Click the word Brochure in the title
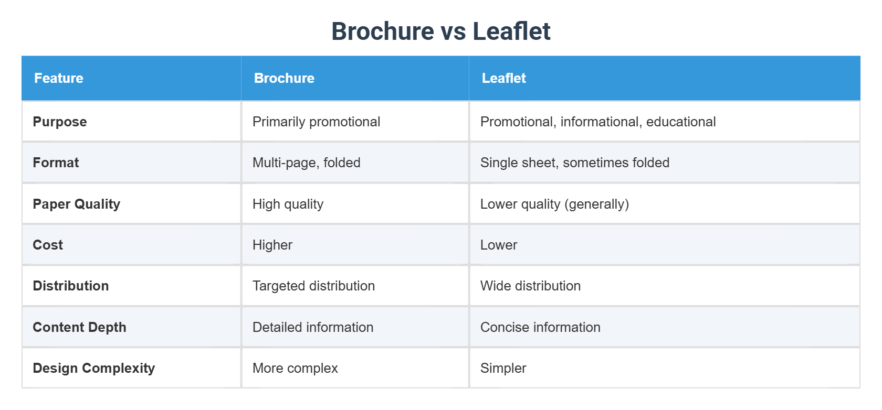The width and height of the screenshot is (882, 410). tap(383, 31)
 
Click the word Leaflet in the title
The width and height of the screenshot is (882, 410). tap(511, 31)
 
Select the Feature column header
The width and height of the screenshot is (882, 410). tap(59, 78)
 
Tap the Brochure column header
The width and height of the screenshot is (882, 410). tap(284, 78)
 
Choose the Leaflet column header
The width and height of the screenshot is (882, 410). tap(503, 78)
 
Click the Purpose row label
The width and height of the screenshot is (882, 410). tap(60, 122)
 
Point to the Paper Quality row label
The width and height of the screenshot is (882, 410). tap(77, 204)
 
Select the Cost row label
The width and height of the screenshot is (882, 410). tap(48, 245)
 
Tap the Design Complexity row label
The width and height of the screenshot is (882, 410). tap(94, 368)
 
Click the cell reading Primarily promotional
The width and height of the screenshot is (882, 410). tap(316, 122)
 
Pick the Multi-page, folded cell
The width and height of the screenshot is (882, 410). tap(307, 163)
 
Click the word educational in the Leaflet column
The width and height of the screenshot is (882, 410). tap(681, 122)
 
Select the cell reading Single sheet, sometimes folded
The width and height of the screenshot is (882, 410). tap(575, 163)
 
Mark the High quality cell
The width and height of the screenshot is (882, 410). tap(288, 204)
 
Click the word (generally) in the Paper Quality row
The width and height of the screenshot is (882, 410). tap(596, 204)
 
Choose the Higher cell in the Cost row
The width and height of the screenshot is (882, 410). tap(272, 245)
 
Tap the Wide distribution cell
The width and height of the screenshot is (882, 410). tap(530, 286)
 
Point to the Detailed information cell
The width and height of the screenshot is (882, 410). tap(313, 327)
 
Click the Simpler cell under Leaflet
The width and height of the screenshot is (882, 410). tap(503, 368)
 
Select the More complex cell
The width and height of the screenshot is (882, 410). tap(295, 368)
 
